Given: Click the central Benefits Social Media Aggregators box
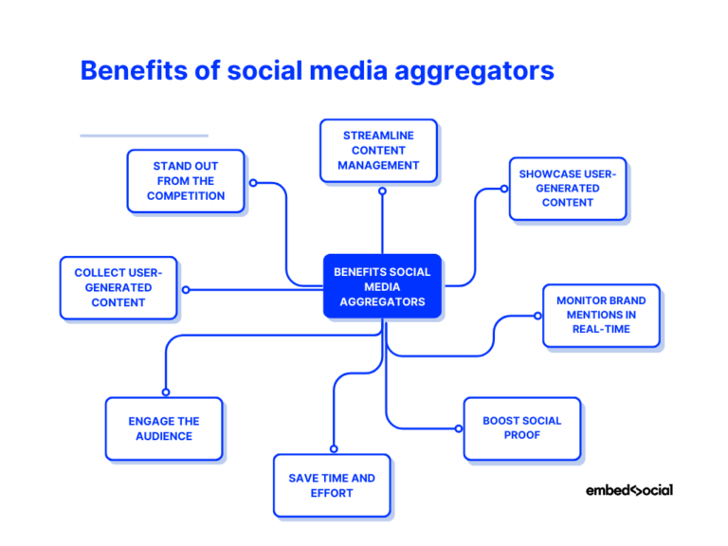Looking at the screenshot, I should [x=382, y=286].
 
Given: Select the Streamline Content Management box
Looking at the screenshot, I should [x=378, y=150].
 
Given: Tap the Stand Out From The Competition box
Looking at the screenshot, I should [x=186, y=180].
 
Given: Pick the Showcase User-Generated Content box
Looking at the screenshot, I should [x=568, y=188].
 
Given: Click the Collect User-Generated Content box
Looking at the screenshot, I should [x=118, y=287].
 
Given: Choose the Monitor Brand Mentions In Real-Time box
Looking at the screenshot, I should [x=601, y=315].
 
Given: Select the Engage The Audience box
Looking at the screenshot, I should [x=164, y=428].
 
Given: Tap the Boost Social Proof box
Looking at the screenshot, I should [x=521, y=428].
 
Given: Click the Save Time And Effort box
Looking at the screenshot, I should [x=332, y=485].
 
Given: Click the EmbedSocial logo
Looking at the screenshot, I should [x=629, y=490].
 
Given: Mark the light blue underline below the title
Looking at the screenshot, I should [x=143, y=136].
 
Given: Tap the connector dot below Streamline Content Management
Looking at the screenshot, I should [x=382, y=191].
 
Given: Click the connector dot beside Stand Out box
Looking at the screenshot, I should [x=253, y=182].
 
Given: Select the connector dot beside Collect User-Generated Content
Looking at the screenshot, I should [x=186, y=290].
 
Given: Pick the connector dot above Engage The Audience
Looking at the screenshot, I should [x=166, y=391].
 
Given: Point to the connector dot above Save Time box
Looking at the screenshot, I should [x=333, y=448].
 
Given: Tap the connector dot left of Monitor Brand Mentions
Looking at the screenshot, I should [x=537, y=316].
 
